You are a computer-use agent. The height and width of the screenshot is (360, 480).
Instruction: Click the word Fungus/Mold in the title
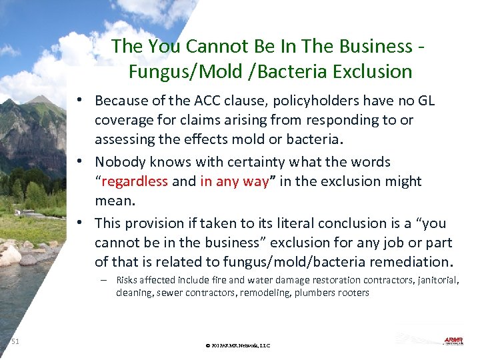(178, 71)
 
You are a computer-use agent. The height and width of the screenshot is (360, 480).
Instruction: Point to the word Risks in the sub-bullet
(127, 280)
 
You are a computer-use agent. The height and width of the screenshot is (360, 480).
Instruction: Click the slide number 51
(17, 341)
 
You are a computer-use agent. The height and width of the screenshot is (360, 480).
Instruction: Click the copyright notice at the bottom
(238, 345)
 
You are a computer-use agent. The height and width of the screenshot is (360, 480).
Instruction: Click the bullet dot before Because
(79, 100)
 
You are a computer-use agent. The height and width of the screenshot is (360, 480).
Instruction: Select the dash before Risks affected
(105, 281)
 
